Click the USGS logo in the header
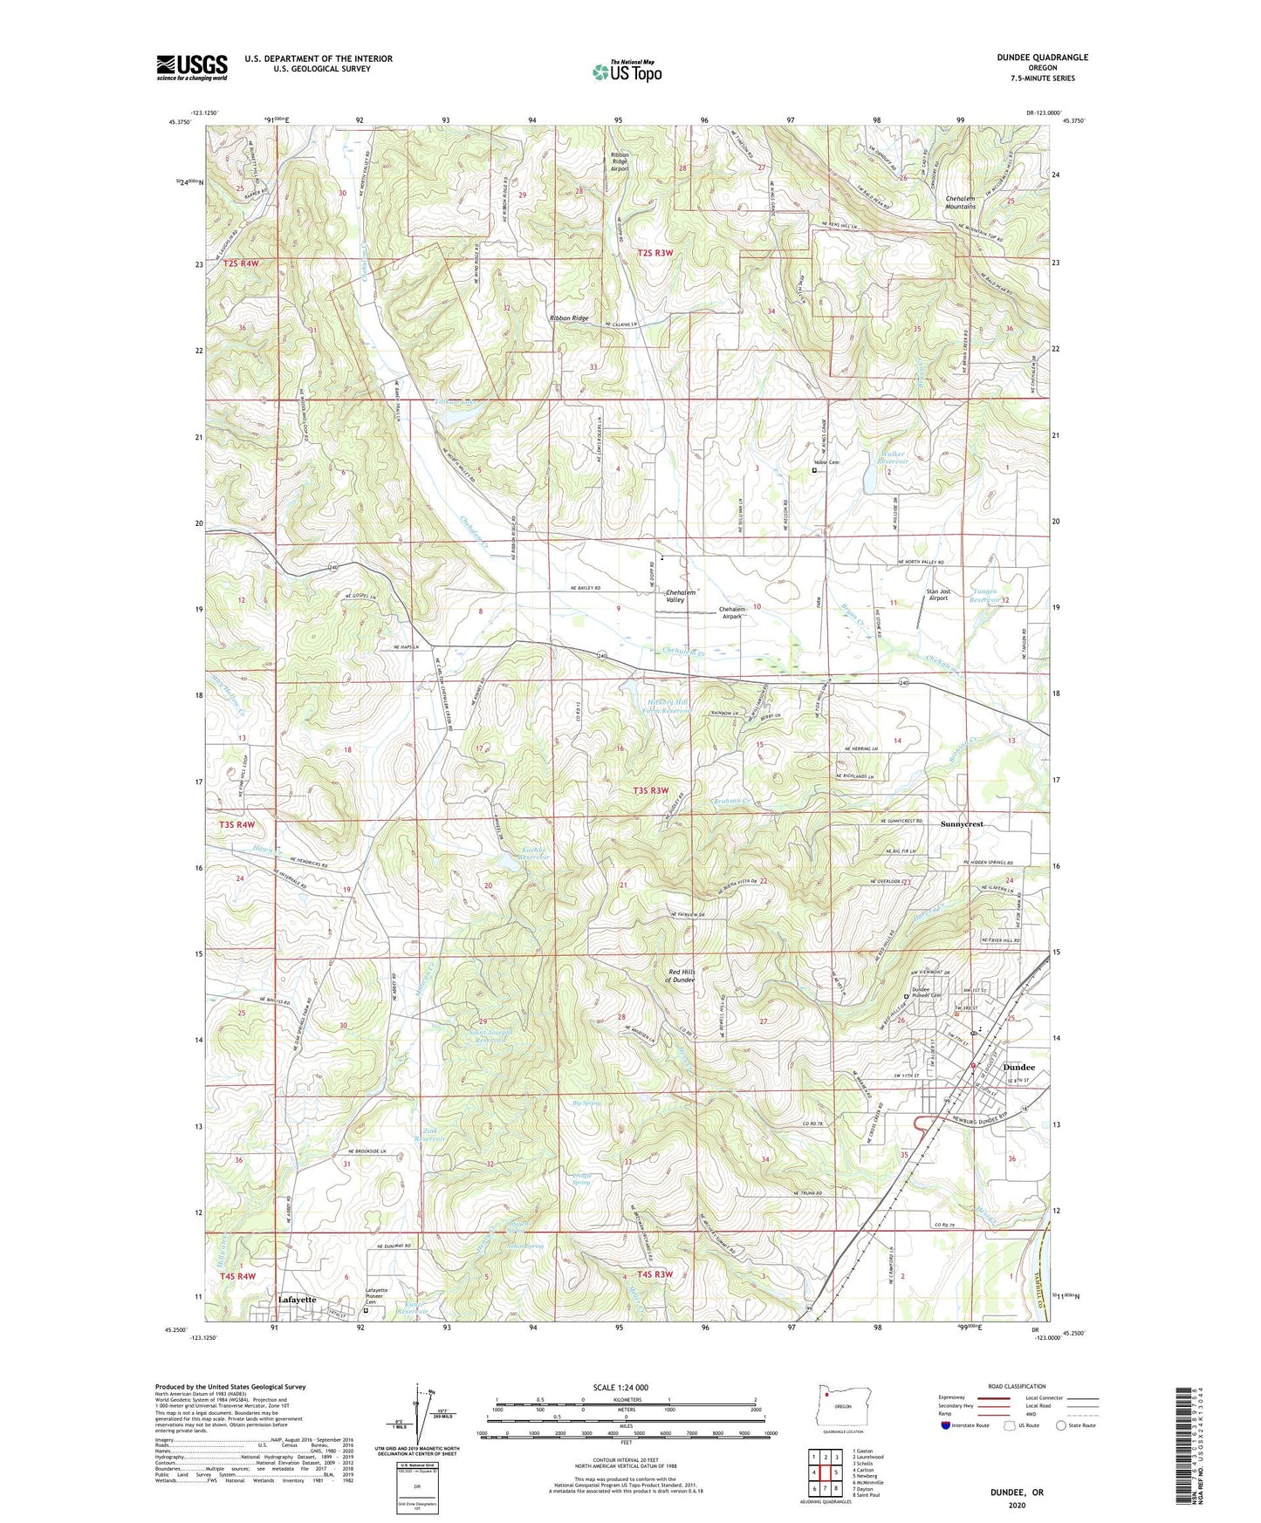tap(192, 66)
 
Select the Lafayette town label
tap(297, 1299)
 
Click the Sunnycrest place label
tap(962, 824)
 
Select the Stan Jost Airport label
tap(938, 596)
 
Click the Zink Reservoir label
tap(430, 1135)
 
